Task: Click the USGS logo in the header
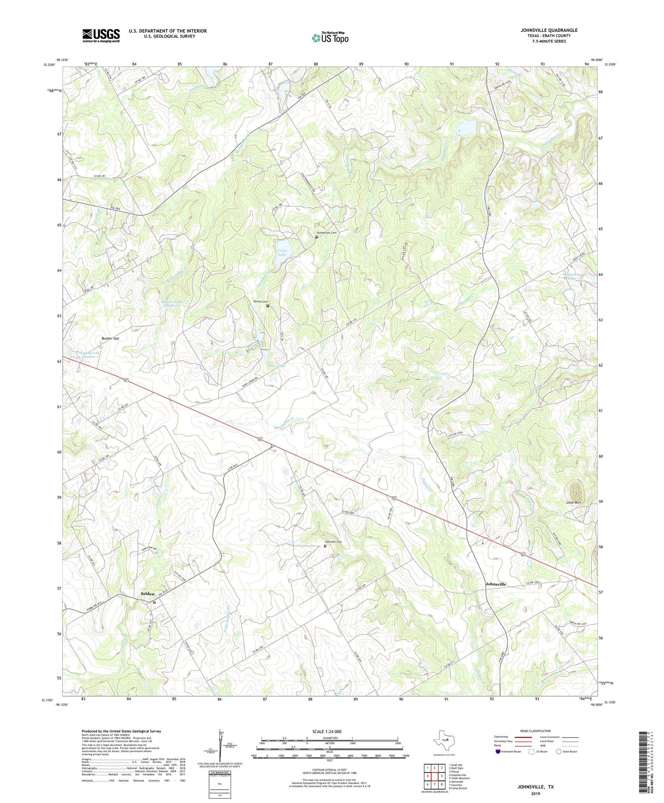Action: pos(101,35)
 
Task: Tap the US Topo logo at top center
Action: pos(330,38)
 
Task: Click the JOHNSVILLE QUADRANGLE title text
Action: pos(549,30)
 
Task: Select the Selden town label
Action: pos(147,594)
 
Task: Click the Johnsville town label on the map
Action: pos(495,584)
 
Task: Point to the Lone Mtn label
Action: pos(573,503)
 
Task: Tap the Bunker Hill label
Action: pos(110,338)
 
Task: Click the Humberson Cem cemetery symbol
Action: pos(317,237)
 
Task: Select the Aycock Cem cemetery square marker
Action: pos(268,305)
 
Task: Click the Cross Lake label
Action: pos(282,252)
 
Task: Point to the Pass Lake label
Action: pos(278,366)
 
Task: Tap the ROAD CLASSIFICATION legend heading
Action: pos(536,731)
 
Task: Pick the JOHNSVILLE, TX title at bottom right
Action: pos(536,787)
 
